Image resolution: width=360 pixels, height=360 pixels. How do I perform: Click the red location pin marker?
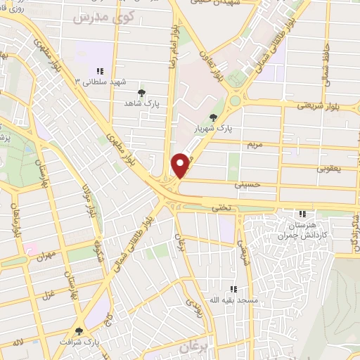point(181,165)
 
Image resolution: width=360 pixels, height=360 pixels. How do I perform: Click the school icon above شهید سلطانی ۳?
point(100,71)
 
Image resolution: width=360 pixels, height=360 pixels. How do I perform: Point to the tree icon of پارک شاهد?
point(142,93)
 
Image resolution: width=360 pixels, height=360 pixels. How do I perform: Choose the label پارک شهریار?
point(214,129)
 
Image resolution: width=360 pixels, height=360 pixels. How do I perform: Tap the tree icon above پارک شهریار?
point(214,117)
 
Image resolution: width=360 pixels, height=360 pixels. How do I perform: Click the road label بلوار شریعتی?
point(323,105)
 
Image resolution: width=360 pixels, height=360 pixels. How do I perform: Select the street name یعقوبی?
point(329,169)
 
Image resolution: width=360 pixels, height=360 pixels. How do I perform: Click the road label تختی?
point(220,207)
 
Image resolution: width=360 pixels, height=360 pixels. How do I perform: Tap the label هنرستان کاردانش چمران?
point(303,229)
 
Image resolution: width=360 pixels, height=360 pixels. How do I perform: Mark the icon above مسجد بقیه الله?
point(233,288)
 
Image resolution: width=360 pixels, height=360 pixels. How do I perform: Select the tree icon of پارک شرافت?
point(78,331)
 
